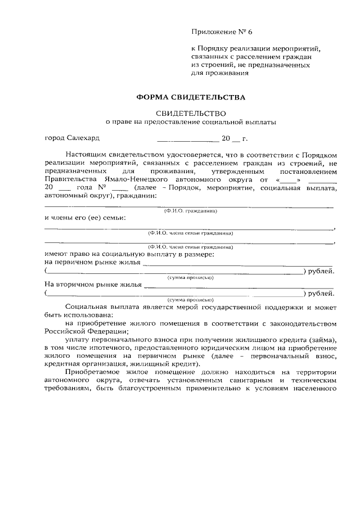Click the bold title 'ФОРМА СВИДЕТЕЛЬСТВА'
[x=191, y=97]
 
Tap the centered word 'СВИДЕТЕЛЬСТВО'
[x=191, y=112]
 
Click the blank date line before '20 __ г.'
[x=188, y=138]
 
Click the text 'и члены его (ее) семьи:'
[x=84, y=217]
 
